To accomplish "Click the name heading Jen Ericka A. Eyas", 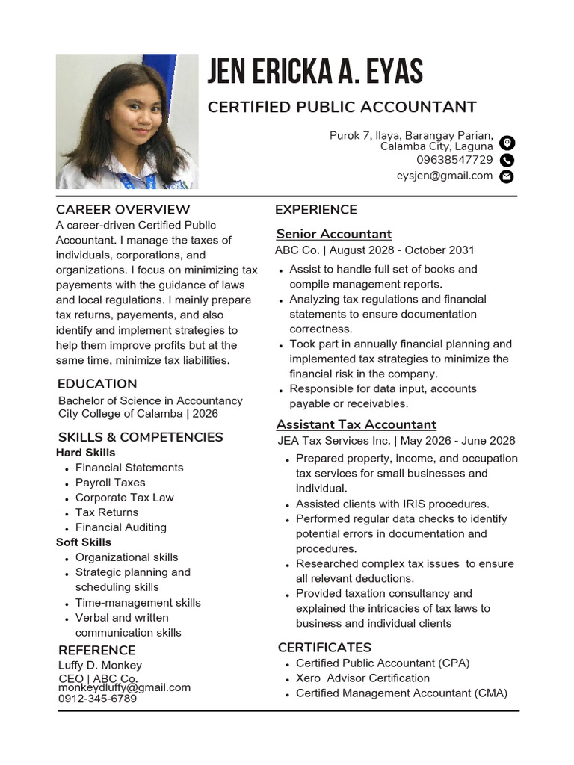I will pyautogui.click(x=315, y=72).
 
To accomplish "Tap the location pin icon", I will pyautogui.click(x=507, y=143).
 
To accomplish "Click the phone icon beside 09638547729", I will pyautogui.click(x=507, y=160).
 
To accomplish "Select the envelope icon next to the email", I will pyautogui.click(x=507, y=177).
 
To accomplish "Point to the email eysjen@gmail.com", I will pyautogui.click(x=445, y=176).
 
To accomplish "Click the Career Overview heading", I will pyautogui.click(x=123, y=209).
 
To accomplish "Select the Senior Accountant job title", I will pyautogui.click(x=334, y=234).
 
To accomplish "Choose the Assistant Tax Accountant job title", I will pyautogui.click(x=357, y=424).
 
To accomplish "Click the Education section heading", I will pyautogui.click(x=97, y=384).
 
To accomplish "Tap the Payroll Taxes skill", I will pyautogui.click(x=111, y=483).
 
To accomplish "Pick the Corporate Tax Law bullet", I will pyautogui.click(x=124, y=498).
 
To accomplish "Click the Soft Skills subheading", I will pyautogui.click(x=84, y=542).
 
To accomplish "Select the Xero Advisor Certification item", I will pyautogui.click(x=362, y=678).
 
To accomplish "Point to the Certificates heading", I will pyautogui.click(x=324, y=647).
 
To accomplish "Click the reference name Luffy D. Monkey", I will pyautogui.click(x=100, y=665).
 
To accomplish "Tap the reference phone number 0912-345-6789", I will pyautogui.click(x=97, y=699).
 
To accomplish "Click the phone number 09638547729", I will pyautogui.click(x=454, y=160).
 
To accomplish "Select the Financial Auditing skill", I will pyautogui.click(x=121, y=527).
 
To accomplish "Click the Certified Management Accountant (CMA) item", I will pyautogui.click(x=401, y=693).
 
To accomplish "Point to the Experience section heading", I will pyautogui.click(x=316, y=209).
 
